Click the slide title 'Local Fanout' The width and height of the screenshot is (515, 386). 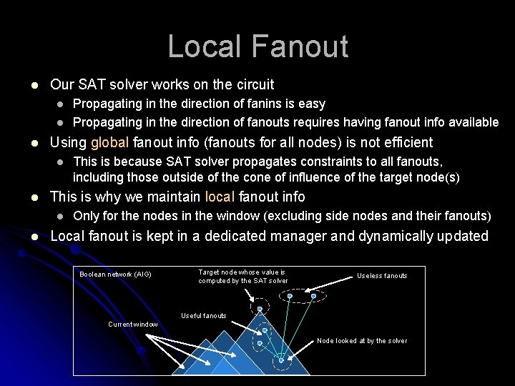point(257,46)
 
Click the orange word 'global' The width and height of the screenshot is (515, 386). point(109,142)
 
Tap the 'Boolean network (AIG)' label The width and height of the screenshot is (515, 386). point(115,274)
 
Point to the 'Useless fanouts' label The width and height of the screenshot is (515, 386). point(382,276)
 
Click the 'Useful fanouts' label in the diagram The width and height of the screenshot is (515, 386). point(203,316)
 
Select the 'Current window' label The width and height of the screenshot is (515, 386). point(133,325)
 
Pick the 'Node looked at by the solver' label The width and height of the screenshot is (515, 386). point(362,341)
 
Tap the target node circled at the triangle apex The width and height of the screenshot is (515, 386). point(260,308)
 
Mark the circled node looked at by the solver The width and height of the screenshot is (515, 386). point(281,360)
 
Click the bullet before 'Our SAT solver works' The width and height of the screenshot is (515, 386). point(26,84)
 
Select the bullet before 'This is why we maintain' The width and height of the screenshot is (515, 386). point(26,197)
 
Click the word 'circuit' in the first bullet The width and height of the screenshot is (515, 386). point(252,84)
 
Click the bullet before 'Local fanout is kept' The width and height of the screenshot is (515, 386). point(26,237)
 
